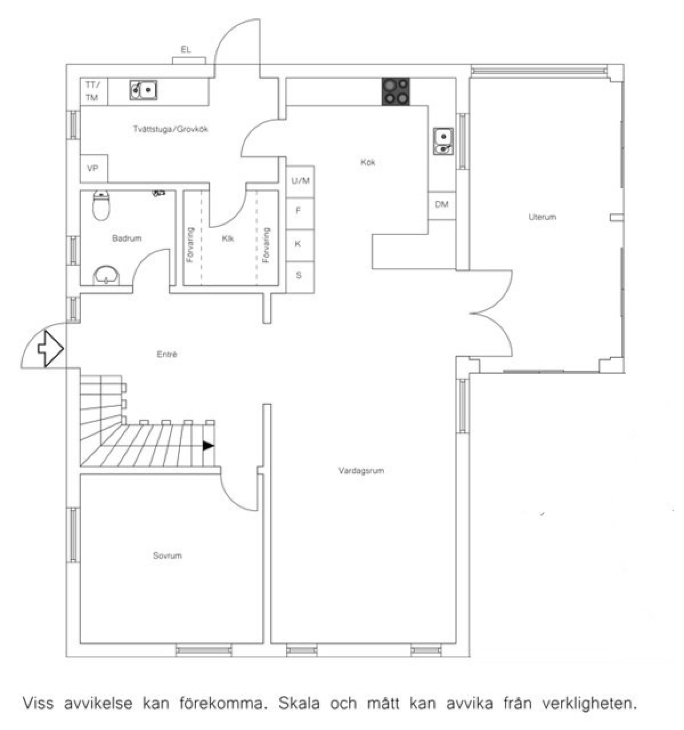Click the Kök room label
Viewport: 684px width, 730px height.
pyautogui.click(x=368, y=162)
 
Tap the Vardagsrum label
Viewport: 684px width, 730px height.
pyautogui.click(x=361, y=471)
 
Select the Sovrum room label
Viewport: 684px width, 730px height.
pyautogui.click(x=167, y=555)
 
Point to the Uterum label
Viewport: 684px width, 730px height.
pyautogui.click(x=542, y=217)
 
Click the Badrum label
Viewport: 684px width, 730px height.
pyautogui.click(x=127, y=238)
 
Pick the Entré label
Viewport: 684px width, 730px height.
pyautogui.click(x=167, y=354)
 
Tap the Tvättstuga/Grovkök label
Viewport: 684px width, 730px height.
pyautogui.click(x=170, y=129)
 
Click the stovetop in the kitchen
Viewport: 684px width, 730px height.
pyautogui.click(x=396, y=91)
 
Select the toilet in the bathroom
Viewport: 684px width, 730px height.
pyautogui.click(x=101, y=205)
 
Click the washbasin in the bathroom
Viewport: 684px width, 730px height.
pyautogui.click(x=106, y=275)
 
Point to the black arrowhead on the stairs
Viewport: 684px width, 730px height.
pyautogui.click(x=209, y=446)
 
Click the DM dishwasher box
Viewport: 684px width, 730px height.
pyautogui.click(x=442, y=205)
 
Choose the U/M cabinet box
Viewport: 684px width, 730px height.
pyautogui.click(x=300, y=181)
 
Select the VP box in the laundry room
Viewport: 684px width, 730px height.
pyautogui.click(x=94, y=168)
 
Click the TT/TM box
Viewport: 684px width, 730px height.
pyautogui.click(x=94, y=91)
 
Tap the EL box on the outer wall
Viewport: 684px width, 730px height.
pyautogui.click(x=189, y=60)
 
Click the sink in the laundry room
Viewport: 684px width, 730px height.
pyautogui.click(x=143, y=90)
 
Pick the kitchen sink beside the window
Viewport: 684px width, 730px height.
pyautogui.click(x=443, y=141)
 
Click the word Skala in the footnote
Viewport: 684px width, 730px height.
pyautogui.click(x=299, y=703)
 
